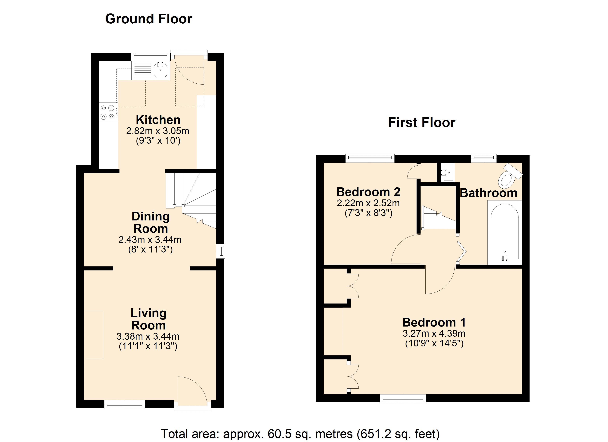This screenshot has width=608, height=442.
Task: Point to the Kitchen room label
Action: pos(158,120)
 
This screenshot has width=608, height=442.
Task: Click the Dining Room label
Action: pos(151,222)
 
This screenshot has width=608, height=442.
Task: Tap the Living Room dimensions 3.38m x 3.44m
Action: pos(148,336)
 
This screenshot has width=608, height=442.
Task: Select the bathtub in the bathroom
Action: pos(504,232)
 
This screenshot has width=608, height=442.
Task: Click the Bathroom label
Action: pos(488,193)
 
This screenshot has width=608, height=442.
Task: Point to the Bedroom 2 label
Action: pos(368,192)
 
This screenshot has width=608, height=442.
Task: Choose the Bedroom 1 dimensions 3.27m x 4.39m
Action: pos(434,334)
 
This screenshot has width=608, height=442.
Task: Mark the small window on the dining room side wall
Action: pos(221,251)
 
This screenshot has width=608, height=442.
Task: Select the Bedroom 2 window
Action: pos(370,158)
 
